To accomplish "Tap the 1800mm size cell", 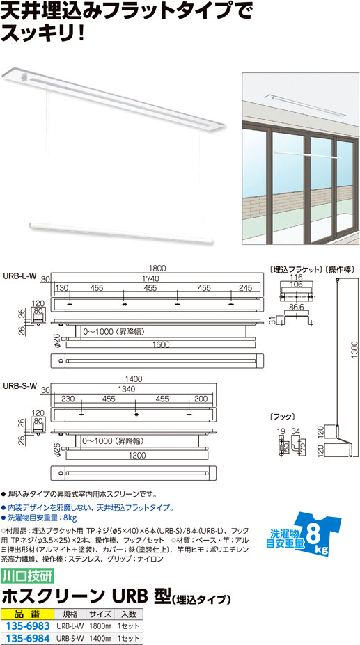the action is tap(100, 626).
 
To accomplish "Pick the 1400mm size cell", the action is tap(100, 639).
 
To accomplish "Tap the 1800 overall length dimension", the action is tap(157, 269).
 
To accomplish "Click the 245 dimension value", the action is tap(245, 288).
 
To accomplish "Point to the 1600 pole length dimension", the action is tap(160, 346).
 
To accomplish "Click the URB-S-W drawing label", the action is tap(20, 385).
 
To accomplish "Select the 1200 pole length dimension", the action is tap(136, 456).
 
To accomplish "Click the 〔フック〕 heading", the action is tap(281, 417).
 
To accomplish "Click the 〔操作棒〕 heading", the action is tap(341, 270).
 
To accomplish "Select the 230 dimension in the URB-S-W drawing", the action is tap(68, 399).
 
